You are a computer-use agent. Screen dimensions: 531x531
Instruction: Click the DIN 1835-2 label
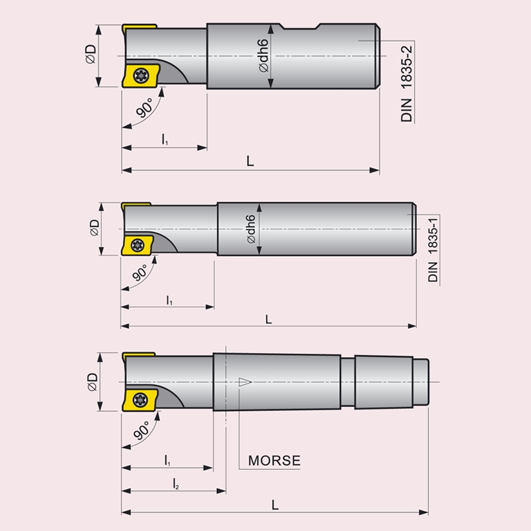point(406,84)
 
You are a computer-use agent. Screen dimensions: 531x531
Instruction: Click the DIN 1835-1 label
point(433,250)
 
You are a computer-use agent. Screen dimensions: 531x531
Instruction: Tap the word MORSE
point(274,461)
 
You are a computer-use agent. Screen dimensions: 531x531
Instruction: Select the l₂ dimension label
point(176,484)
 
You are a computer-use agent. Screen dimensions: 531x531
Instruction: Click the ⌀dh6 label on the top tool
point(263,56)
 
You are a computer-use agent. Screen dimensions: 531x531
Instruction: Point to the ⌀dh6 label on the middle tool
point(251,229)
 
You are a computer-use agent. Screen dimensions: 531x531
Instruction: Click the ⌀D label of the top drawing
point(91,54)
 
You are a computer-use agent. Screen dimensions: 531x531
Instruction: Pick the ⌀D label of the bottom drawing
point(92,382)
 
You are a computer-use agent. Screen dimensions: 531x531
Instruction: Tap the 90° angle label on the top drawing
point(145,108)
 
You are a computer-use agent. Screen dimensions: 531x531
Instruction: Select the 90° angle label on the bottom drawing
point(141,430)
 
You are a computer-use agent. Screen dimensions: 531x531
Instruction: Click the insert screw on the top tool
point(140,75)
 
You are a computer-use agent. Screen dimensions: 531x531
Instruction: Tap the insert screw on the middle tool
point(137,245)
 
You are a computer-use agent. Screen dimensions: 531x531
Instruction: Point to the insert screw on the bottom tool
point(140,400)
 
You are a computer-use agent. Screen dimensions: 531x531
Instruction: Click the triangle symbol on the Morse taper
point(245,382)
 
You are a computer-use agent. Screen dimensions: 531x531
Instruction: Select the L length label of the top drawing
point(250,161)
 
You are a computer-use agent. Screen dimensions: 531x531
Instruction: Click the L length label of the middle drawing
point(268,319)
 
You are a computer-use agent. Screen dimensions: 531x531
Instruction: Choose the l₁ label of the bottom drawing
point(167,461)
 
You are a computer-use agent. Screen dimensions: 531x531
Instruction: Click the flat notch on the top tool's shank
point(300,27)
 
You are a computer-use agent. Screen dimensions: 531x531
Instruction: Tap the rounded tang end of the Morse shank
point(421,382)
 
